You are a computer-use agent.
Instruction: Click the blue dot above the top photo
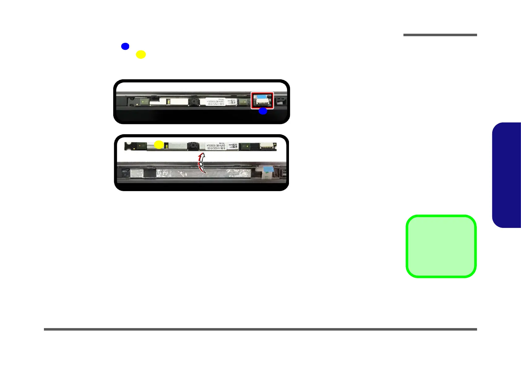tap(125, 46)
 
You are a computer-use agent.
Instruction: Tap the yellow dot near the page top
tap(141, 54)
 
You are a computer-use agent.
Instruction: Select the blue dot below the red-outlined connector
tap(263, 111)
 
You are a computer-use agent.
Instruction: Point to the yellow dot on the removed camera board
tap(159, 144)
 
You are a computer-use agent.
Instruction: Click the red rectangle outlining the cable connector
tap(262, 101)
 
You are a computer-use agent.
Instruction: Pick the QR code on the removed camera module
tap(234, 146)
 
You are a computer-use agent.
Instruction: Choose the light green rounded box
tap(441, 246)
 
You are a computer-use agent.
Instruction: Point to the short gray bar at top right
tap(440, 35)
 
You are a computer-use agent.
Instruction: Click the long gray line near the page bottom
tap(260, 329)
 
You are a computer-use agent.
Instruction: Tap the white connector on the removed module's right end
tap(268, 146)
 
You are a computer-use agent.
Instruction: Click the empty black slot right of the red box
tap(280, 101)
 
